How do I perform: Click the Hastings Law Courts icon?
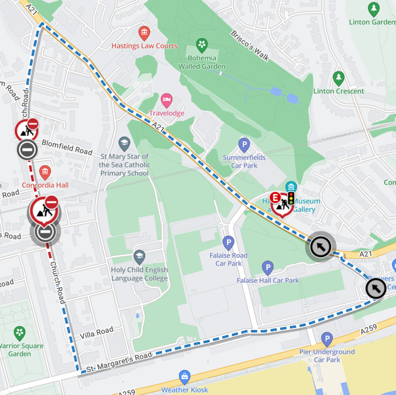click(144, 33)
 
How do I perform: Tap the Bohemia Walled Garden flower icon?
click(202, 44)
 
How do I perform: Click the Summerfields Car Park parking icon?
click(245, 144)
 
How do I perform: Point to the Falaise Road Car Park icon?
click(228, 243)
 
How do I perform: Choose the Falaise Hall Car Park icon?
click(268, 268)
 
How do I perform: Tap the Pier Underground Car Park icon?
click(327, 339)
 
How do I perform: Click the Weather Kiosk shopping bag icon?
click(184, 377)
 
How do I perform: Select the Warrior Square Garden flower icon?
click(19, 333)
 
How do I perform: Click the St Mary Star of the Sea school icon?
click(124, 144)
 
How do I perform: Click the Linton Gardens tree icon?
click(374, 9)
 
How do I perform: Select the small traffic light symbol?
click(291, 198)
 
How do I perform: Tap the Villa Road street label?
click(97, 333)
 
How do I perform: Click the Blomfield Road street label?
click(67, 147)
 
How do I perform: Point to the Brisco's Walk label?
click(250, 45)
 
